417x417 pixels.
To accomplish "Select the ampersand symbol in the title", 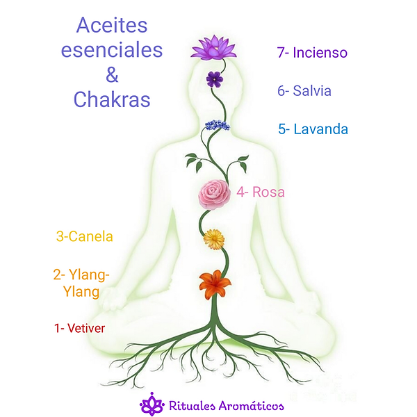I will [x=111, y=75].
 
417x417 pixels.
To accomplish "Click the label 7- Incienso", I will [x=312, y=53].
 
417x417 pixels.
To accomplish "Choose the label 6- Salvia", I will [x=304, y=91].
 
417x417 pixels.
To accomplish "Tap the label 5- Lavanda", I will [x=313, y=129].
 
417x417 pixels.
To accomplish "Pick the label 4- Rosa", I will [x=261, y=193].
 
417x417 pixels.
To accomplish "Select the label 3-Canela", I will [x=84, y=236].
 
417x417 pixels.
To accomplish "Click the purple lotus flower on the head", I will [x=214, y=48].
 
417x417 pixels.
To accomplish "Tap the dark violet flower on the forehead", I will [x=214, y=79].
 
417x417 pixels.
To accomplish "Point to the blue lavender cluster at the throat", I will [x=216, y=125].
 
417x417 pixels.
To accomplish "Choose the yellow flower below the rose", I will [x=213, y=240].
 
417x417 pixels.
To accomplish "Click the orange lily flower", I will [x=214, y=284].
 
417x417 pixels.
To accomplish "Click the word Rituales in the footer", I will [x=193, y=404].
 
